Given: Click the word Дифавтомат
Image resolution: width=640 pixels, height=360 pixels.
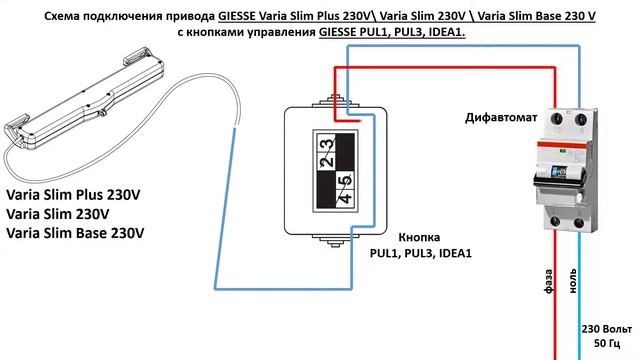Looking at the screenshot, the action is coord(501,118).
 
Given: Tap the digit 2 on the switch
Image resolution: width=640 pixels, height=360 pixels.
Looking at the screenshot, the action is coord(326,157).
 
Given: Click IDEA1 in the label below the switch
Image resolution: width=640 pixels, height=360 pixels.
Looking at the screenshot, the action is coord(453,254).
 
